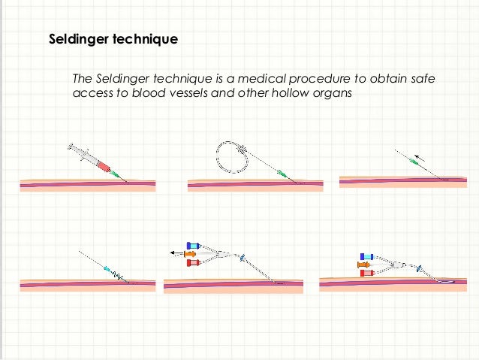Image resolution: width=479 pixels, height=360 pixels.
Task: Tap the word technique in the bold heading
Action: [x=146, y=38]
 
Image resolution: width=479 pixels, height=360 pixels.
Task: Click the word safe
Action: [x=420, y=79]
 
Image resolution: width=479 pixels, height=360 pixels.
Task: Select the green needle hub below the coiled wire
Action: [x=282, y=173]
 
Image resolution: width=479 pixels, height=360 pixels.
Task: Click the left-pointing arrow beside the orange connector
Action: [x=176, y=254]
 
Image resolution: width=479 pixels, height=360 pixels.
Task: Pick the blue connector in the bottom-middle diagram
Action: [x=194, y=246]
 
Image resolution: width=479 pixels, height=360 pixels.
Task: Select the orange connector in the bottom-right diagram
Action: [x=365, y=265]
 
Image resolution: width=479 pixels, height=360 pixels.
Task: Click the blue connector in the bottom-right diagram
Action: [x=367, y=256]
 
